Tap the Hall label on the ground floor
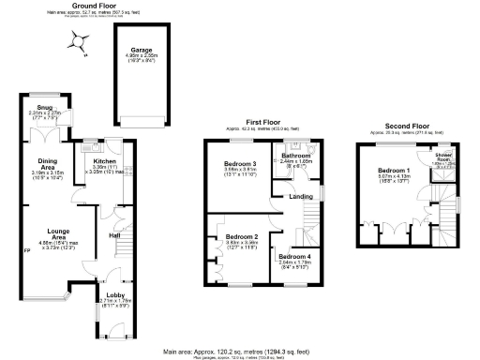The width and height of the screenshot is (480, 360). pyautogui.click(x=114, y=235)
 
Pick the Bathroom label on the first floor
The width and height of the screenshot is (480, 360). pyautogui.click(x=297, y=155)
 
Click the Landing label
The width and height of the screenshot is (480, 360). pyautogui.click(x=302, y=195)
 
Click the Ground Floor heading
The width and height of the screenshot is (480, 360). pyautogui.click(x=93, y=5)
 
